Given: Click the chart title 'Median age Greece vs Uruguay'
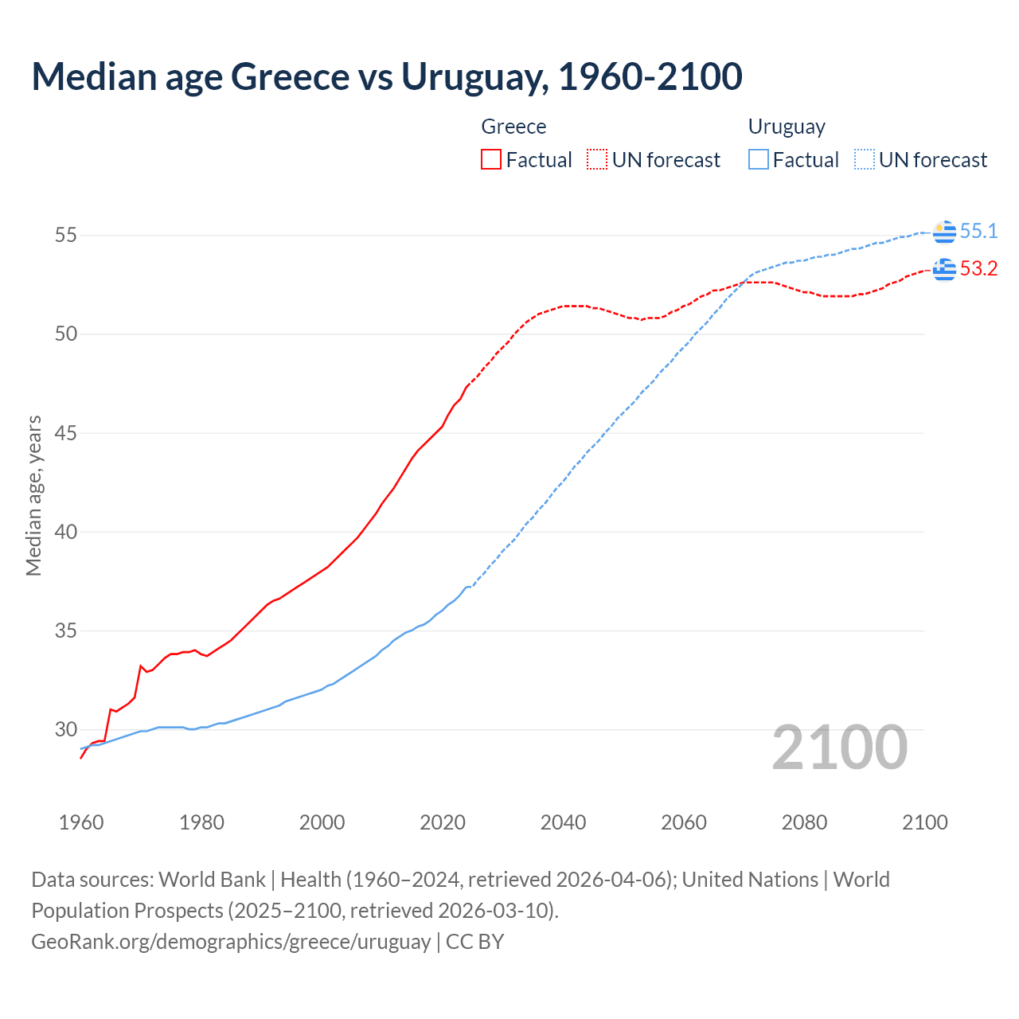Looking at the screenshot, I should (x=387, y=76).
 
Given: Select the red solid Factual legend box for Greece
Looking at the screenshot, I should (x=491, y=160).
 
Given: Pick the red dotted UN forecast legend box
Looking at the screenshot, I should (x=597, y=160).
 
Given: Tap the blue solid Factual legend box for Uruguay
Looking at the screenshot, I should (x=759, y=160).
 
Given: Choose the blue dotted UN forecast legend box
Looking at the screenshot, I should (x=864, y=160).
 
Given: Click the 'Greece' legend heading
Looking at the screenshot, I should (x=513, y=127).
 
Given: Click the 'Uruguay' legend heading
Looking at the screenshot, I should (x=787, y=127).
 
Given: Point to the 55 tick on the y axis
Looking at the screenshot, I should (x=66, y=236).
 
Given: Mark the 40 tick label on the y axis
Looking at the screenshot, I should (x=66, y=532).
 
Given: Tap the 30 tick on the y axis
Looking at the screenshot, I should (x=66, y=729).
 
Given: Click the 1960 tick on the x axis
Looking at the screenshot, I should (x=81, y=822).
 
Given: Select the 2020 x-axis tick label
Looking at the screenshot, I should (x=443, y=822).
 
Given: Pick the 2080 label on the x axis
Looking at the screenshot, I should (x=804, y=822).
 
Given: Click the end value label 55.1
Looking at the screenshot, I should (x=978, y=232).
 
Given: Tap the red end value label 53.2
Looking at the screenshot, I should (x=978, y=269).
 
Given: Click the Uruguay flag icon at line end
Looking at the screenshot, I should (x=944, y=232).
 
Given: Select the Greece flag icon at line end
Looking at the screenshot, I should (x=944, y=270).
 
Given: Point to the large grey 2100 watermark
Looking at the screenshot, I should (x=840, y=748).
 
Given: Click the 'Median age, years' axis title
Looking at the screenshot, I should (x=33, y=495).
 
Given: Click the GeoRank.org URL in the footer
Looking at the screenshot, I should (x=231, y=942).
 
